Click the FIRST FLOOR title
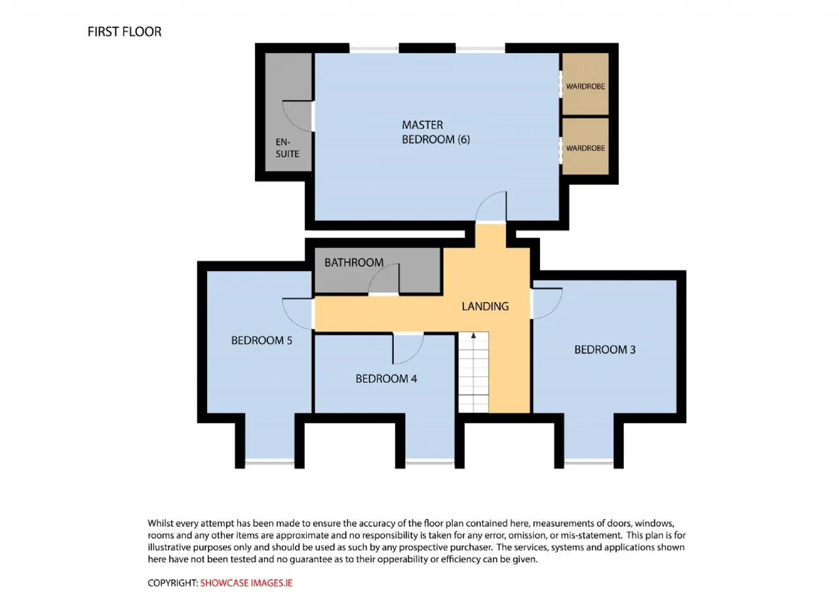125,32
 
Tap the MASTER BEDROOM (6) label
436,132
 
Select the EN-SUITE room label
287,148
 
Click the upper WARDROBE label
585,86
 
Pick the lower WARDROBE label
585,148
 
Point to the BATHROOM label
354,263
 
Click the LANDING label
485,307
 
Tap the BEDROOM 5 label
262,340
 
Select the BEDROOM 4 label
386,379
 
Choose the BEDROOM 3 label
605,350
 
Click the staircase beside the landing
473,372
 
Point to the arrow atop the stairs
473,335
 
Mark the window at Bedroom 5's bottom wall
269,463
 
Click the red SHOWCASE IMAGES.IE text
246,583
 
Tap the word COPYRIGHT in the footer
172,583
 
